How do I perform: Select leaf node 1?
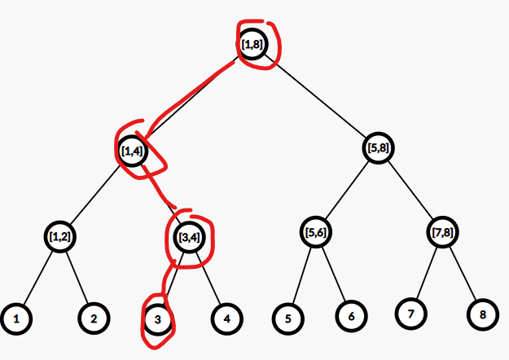pyautogui.click(x=16, y=318)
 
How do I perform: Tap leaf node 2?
pyautogui.click(x=94, y=318)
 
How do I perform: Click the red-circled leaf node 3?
pyautogui.click(x=158, y=319)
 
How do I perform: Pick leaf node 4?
pyautogui.click(x=227, y=318)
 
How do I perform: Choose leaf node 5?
pyautogui.click(x=288, y=318)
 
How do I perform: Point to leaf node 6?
pyautogui.click(x=351, y=316)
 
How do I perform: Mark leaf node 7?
pyautogui.click(x=411, y=314)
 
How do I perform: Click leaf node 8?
pyautogui.click(x=483, y=314)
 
